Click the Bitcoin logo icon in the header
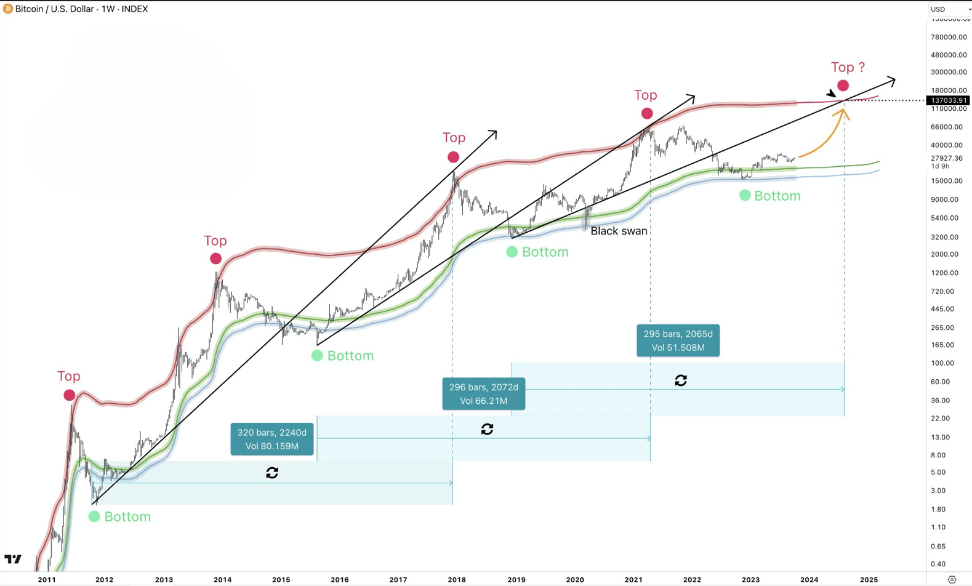coord(7,9)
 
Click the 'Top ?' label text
coord(848,67)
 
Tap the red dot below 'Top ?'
coord(843,86)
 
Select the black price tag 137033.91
coord(949,100)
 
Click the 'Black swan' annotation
coord(619,231)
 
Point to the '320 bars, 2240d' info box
coord(272,439)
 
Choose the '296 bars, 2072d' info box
coord(483,394)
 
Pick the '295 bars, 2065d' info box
coord(678,340)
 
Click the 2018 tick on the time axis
coord(457,579)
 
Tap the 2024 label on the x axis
coord(809,579)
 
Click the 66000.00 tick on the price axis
coord(947,127)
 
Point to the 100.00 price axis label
coord(942,363)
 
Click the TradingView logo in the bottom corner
coord(13,559)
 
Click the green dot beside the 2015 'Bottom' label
coord(317,356)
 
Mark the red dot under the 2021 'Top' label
coord(647,114)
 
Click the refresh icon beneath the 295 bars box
coord(681,380)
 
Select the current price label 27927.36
coord(946,158)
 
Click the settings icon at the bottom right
coord(952,579)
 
